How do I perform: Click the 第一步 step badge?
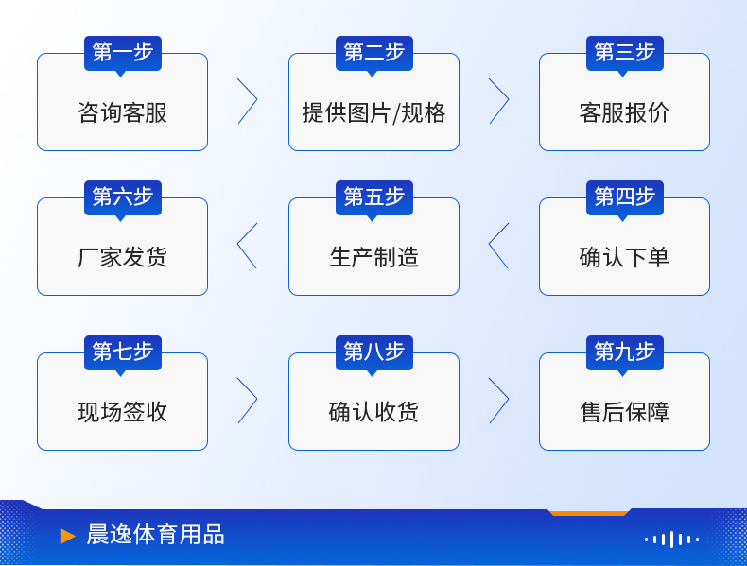point(123,53)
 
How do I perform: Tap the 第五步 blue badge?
point(374,198)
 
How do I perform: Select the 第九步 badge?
point(625,352)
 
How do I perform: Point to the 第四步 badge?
point(625,198)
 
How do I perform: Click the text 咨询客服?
point(122,112)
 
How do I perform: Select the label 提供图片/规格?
point(374,112)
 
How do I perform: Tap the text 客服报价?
point(624,112)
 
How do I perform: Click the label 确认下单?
point(624,258)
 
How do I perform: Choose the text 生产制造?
point(374,258)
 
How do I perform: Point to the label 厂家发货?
point(122,258)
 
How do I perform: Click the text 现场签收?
point(122,412)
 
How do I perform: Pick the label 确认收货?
point(374,412)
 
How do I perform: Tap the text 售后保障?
point(624,412)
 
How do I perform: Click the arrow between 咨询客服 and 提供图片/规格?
point(256,100)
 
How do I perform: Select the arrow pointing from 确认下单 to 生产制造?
point(490,245)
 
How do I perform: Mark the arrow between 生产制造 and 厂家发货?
point(238,245)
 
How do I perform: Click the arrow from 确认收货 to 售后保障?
point(508,401)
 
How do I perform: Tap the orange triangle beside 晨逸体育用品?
point(67,536)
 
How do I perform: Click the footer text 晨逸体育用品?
point(155,535)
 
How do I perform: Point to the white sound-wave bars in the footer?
point(671,540)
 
